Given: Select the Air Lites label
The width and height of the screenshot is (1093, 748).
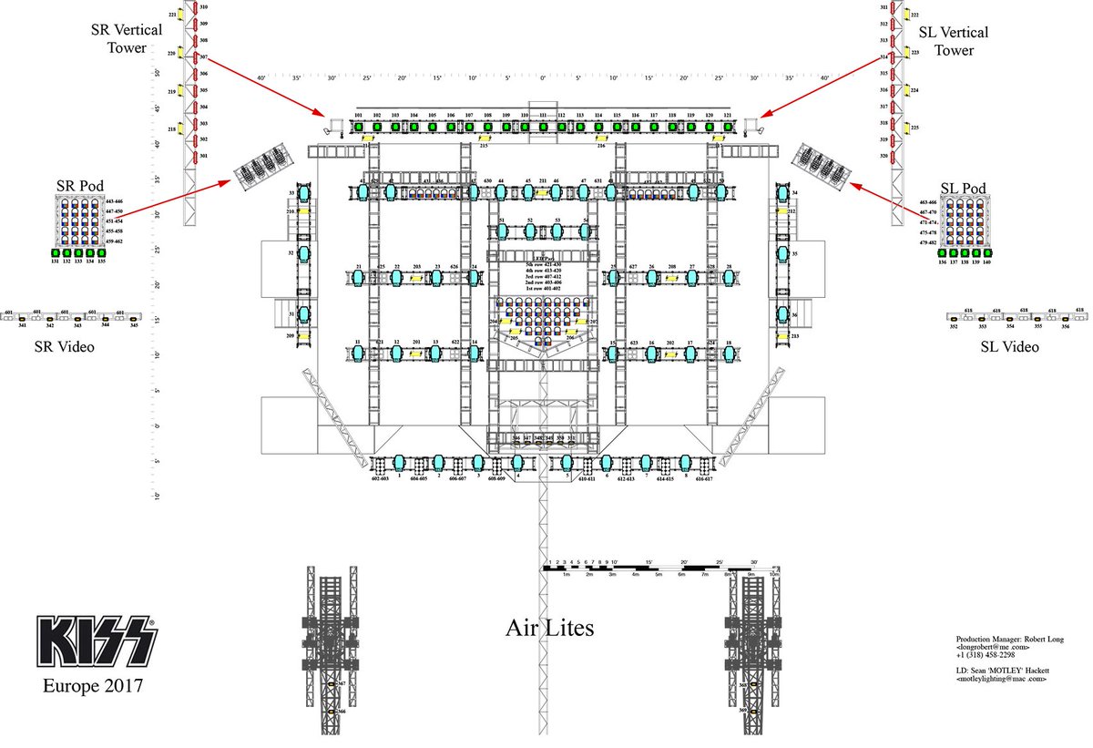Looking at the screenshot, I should (x=549, y=628).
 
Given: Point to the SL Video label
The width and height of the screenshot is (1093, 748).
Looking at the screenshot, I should (x=1009, y=347).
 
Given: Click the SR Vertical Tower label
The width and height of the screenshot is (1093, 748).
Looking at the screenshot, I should (x=127, y=37).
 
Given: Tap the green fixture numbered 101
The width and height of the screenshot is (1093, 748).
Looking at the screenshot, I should (x=359, y=126).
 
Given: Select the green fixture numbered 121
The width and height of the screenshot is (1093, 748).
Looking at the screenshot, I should (x=727, y=126).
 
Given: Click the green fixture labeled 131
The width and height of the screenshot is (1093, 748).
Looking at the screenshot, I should (x=55, y=252).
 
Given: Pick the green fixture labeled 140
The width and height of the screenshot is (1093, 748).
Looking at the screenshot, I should (x=986, y=252).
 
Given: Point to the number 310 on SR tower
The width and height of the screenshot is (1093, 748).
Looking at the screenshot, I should (x=204, y=7).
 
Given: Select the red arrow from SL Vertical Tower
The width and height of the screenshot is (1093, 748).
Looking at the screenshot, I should (x=820, y=87).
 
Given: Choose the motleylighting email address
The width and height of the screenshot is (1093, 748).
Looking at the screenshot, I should (x=1002, y=679).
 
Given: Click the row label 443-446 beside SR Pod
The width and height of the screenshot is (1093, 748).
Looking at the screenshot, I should (x=114, y=200).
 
